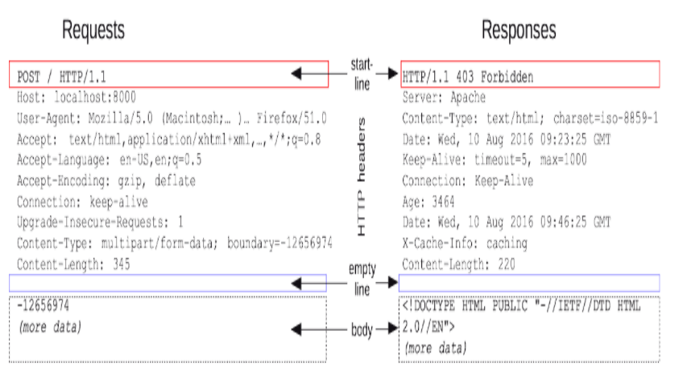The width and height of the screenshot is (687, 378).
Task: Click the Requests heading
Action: [x=93, y=30]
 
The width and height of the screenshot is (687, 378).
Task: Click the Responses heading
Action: [x=519, y=30]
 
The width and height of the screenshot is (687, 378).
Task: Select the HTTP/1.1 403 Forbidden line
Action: [x=467, y=77]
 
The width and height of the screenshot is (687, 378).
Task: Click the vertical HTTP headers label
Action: [x=362, y=177]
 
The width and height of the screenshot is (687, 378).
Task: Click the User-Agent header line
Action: [x=172, y=118]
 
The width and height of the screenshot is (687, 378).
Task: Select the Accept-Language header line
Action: [x=109, y=160]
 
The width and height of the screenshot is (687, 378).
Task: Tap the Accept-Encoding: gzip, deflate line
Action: [x=106, y=181]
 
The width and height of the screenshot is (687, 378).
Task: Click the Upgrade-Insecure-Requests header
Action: [x=100, y=222]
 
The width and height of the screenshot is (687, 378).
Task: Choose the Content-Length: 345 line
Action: [x=73, y=264]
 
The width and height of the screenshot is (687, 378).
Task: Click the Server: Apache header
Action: [x=444, y=98]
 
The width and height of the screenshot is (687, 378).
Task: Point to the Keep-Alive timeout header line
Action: [x=494, y=160]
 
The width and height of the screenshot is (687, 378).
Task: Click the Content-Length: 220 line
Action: [x=458, y=264]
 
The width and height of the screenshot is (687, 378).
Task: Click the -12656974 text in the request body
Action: [x=43, y=306]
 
